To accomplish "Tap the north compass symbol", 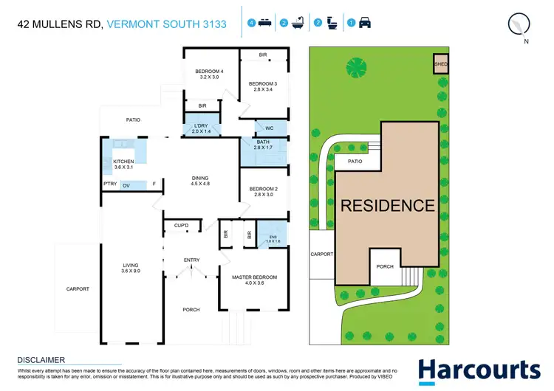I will coord(520,24).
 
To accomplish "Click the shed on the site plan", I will coord(440,64).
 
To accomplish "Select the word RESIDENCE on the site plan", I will coord(387,206).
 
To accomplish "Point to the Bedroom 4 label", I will coord(209,72).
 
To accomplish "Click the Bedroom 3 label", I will coord(261,83).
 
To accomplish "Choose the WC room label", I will coord(270,128).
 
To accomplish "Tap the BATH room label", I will coord(263,142).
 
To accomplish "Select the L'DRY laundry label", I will coord(202,127).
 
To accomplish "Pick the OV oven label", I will coord(126,184).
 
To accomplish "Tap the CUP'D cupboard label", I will coord(182,225).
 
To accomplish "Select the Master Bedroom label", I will coord(254,277).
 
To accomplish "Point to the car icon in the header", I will coord(364,24).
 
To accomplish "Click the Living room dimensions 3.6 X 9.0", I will coord(130,271).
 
